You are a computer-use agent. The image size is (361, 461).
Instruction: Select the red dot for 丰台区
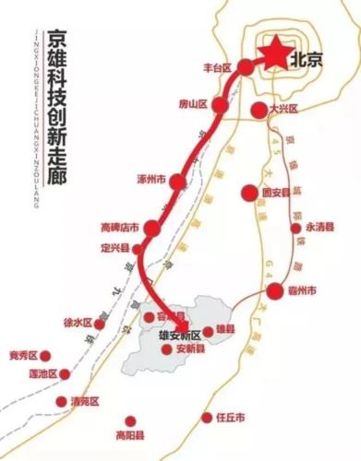coord(246,67)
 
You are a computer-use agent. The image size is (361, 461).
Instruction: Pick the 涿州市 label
coord(149,178)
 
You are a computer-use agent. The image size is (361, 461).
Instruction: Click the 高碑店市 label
coord(119,227)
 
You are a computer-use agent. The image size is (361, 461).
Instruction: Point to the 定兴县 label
coord(117,247)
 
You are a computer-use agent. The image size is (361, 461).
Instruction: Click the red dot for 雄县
coord(208,331)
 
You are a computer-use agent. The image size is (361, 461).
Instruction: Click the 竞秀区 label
coord(22,356)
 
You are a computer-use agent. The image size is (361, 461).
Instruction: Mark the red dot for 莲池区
coord(66,374)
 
